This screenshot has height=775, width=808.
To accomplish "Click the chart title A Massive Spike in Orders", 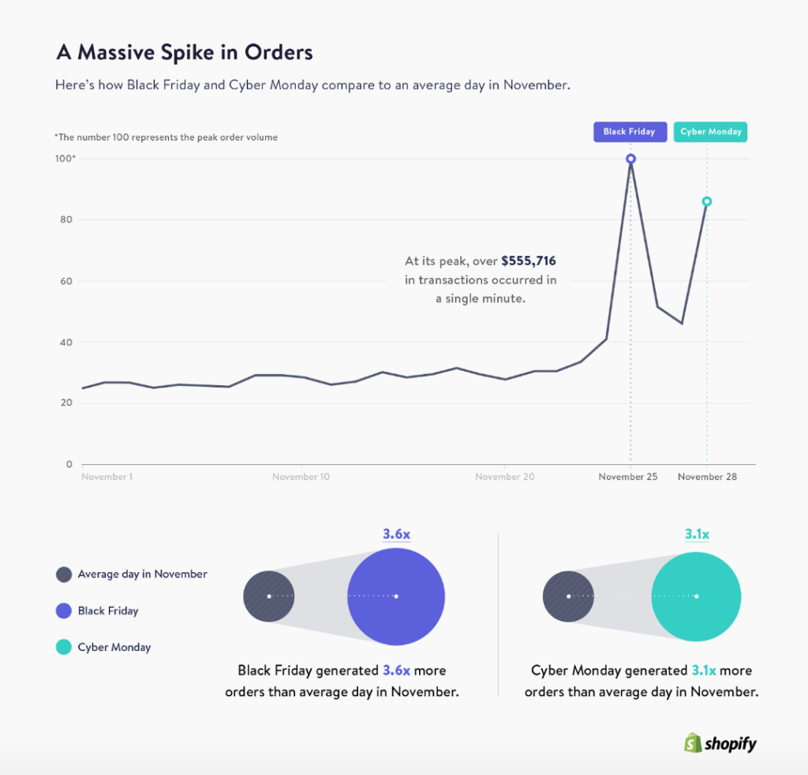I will click(185, 53).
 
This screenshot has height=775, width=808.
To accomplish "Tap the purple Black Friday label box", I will click(630, 132).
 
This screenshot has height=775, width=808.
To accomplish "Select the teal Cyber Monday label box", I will click(711, 132).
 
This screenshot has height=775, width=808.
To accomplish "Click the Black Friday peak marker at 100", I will click(630, 159).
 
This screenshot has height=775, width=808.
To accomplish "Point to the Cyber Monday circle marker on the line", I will click(707, 201).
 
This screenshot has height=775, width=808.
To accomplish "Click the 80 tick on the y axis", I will click(68, 219).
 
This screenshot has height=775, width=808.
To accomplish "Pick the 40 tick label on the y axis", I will click(68, 343).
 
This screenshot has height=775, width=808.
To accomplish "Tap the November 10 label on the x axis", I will click(301, 477).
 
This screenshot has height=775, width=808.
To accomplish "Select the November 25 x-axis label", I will click(628, 477).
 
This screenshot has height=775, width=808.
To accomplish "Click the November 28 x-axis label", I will click(707, 477).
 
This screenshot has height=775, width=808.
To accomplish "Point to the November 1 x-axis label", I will click(107, 477).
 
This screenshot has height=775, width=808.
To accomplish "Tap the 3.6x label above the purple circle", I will click(396, 534).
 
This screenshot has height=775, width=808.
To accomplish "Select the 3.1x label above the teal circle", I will click(697, 534).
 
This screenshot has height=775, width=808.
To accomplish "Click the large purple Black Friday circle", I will click(396, 596).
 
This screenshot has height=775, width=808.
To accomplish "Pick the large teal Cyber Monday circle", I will click(697, 596).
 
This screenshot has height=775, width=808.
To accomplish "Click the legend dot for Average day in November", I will click(64, 575).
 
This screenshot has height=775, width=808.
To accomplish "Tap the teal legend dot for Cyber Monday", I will click(64, 647).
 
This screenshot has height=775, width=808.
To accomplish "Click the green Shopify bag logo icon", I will click(693, 743).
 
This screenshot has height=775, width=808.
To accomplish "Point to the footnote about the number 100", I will click(166, 137).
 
